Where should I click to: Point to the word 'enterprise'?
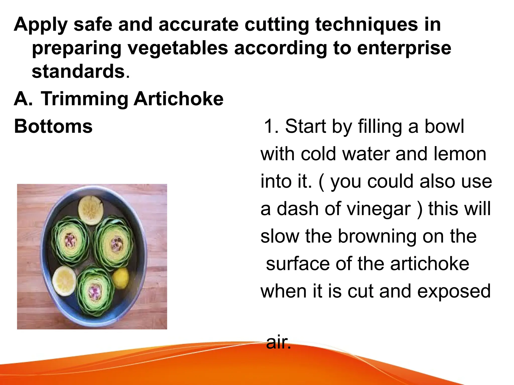(x=404, y=49)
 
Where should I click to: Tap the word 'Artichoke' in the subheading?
(x=178, y=99)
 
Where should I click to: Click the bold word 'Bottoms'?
(x=53, y=126)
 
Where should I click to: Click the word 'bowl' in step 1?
(x=444, y=126)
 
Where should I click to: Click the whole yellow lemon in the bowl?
(x=121, y=278)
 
